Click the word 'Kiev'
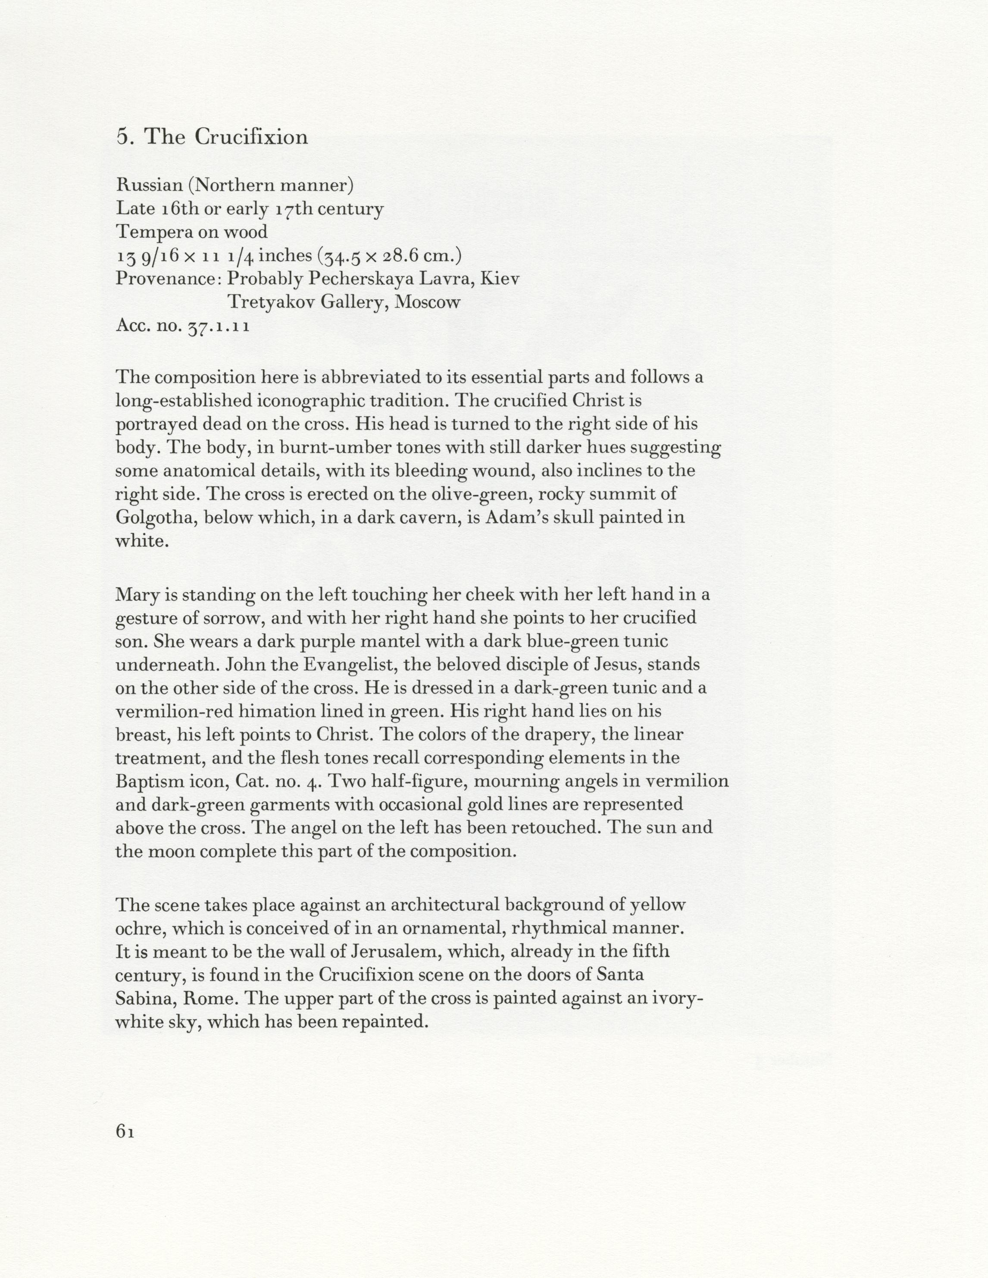click(499, 279)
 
